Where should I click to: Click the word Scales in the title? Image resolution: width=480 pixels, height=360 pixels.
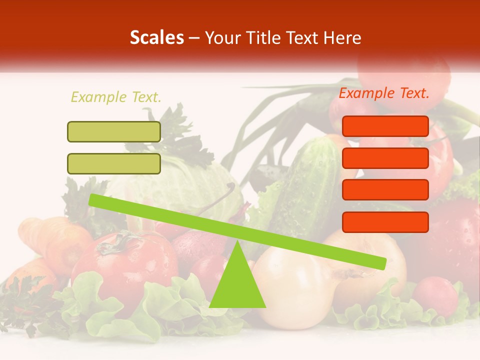(156, 38)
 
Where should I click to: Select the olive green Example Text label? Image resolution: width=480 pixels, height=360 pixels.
(116, 97)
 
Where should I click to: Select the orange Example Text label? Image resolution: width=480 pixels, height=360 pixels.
(384, 93)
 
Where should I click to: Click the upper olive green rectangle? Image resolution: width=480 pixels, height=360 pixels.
(114, 132)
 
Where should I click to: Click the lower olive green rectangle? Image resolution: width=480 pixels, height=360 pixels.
(114, 163)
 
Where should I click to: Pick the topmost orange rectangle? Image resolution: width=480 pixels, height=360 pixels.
(385, 126)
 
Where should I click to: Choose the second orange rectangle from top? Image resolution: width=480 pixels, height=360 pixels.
(385, 158)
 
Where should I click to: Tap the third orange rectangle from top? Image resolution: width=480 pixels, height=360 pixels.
(385, 190)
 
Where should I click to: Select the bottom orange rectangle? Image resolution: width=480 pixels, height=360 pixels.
(385, 222)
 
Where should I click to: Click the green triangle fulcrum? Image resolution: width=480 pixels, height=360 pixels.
(237, 285)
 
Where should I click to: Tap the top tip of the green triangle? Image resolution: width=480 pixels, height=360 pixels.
(237, 242)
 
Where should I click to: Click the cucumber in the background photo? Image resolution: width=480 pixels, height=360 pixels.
(310, 175)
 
